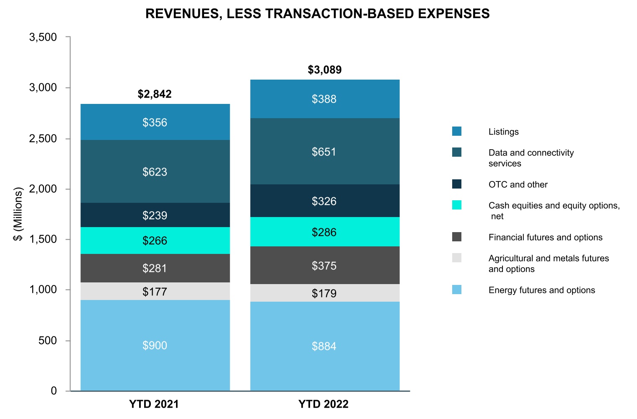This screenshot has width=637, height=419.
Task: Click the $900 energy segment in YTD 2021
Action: point(155,345)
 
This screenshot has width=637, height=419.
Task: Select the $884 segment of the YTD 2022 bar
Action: point(324,346)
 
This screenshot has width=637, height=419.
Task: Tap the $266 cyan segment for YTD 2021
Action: point(155,241)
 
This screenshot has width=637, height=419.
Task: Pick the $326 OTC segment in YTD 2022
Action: point(324,201)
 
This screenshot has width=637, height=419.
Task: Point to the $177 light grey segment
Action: point(155,291)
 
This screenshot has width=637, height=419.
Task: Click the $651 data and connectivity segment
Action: point(324,152)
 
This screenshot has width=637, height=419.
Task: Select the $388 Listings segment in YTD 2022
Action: point(324,99)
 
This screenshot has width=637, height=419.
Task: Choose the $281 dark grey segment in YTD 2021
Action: point(155,268)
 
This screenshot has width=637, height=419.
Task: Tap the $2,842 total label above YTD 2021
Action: point(155,94)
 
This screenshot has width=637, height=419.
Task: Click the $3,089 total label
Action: point(325,70)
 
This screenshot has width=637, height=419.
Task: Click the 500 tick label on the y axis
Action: point(47,341)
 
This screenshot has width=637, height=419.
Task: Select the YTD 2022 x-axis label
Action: point(324,404)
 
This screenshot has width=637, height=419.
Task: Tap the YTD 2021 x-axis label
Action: point(154,404)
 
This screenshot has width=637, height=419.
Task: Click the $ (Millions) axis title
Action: point(18,214)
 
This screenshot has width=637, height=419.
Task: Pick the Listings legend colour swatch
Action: point(457,132)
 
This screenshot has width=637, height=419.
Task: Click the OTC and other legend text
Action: point(518,185)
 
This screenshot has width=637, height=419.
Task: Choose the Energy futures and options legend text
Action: point(541,290)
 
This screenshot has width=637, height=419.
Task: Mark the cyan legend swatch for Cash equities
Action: point(457,205)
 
